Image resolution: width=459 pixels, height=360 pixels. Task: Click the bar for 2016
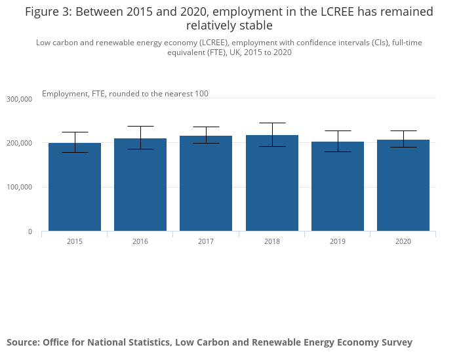(x=140, y=185)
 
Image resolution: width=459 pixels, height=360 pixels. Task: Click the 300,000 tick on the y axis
(x=19, y=99)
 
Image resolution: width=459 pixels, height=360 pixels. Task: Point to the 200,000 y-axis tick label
(x=19, y=143)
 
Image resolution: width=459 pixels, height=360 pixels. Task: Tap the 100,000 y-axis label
(x=19, y=188)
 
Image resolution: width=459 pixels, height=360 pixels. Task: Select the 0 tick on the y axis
(x=29, y=231)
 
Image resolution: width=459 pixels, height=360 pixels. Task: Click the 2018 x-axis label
(x=272, y=242)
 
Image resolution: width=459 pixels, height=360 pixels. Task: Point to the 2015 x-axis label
(x=75, y=242)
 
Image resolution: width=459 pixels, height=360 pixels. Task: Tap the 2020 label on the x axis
(x=403, y=242)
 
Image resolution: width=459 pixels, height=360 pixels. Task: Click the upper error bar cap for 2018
(x=272, y=123)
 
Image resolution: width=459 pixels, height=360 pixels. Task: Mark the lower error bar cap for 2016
(x=140, y=149)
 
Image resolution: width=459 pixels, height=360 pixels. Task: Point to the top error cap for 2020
(x=403, y=130)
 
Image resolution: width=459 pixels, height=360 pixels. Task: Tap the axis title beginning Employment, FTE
(x=125, y=94)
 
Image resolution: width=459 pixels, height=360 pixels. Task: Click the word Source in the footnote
(x=22, y=342)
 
